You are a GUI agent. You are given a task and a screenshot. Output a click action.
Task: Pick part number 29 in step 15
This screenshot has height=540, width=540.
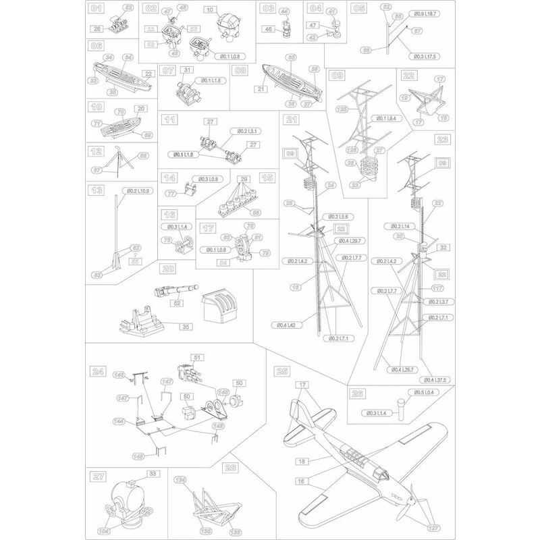[244, 179]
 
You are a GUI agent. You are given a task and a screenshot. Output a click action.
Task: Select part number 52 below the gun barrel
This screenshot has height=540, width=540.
[178, 304]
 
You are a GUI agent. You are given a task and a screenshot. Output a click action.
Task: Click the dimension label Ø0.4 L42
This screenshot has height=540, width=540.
[288, 325]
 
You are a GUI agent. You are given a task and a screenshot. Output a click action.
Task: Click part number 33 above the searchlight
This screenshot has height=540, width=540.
[153, 475]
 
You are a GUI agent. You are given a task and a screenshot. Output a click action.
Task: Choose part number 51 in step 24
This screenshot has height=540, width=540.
[198, 357]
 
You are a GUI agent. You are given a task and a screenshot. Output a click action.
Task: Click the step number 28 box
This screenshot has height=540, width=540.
[231, 467]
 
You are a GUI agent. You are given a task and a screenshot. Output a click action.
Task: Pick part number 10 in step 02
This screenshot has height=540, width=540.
[210, 10]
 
